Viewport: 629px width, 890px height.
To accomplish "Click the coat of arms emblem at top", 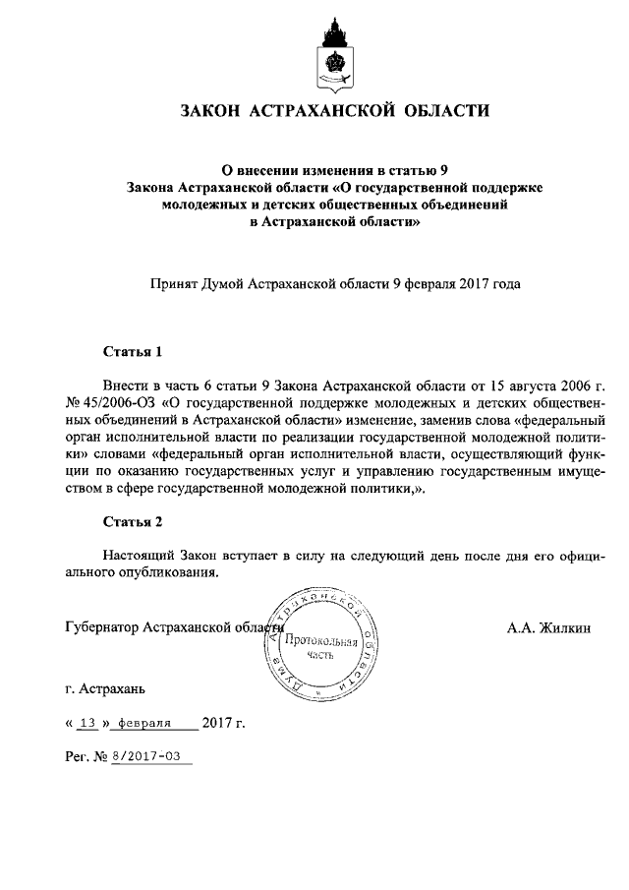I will pos(333,54).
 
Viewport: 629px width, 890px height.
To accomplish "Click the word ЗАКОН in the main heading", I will pos(209,111).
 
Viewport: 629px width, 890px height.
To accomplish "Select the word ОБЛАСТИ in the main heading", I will pos(447,111).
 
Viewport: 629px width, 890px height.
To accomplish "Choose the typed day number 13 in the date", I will pos(87,724).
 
